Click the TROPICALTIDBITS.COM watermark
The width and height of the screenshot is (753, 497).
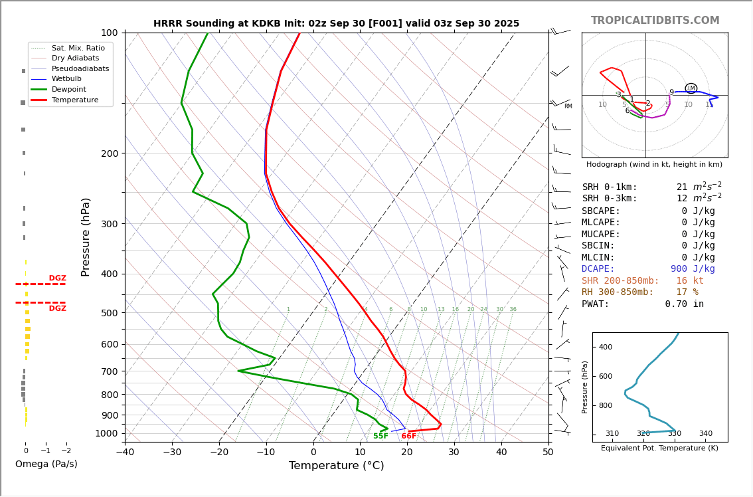pos(655,21)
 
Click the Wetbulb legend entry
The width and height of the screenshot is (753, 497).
pos(66,78)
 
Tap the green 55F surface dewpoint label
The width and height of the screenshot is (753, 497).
pos(380,437)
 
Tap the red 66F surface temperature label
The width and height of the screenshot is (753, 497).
pos(408,437)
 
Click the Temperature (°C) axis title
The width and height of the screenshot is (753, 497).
pos(336,466)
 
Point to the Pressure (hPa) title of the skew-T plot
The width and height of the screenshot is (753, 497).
pos(86,237)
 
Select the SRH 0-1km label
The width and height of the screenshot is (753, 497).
pos(610,187)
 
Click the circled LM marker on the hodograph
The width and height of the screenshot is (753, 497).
pos(691,88)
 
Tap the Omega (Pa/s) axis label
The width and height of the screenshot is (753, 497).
pos(46,464)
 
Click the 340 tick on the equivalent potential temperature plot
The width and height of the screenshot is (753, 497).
pos(705,434)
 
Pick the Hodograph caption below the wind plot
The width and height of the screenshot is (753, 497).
pos(654,165)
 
